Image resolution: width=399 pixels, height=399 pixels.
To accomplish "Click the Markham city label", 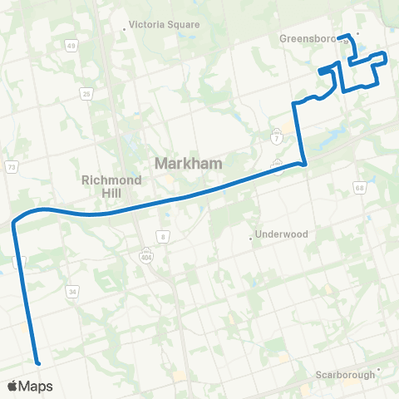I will tap(189, 164).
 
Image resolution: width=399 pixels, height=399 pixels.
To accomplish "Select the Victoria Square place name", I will tap(165, 25).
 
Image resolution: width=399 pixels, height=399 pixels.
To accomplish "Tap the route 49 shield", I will tap(71, 45).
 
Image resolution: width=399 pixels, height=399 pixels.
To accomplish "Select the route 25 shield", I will tap(86, 93).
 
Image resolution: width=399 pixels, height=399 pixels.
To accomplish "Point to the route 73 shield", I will tap(12, 167).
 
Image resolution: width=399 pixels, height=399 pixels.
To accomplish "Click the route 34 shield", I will tap(73, 292).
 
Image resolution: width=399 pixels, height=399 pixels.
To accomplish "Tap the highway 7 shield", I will tap(276, 134).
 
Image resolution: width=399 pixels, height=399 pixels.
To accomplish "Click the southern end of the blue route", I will tap(37, 361).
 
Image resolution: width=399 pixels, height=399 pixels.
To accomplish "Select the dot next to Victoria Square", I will tap(125, 27).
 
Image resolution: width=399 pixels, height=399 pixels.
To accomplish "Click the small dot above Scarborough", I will tap(378, 368).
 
